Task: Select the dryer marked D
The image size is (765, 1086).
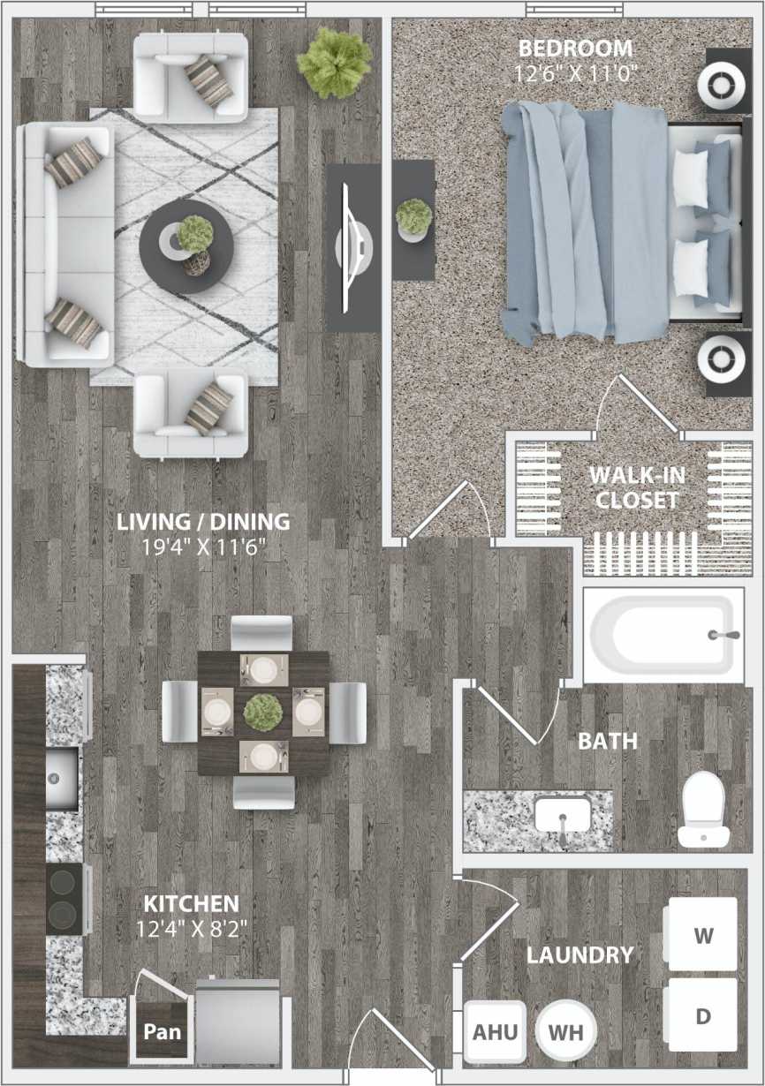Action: click(702, 1014)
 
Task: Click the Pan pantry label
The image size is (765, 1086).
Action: click(163, 1030)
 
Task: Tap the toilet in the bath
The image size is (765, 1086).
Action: click(704, 807)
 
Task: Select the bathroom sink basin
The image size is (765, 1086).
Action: click(562, 813)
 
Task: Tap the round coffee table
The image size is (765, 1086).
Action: click(187, 246)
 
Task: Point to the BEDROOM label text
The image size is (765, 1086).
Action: click(575, 48)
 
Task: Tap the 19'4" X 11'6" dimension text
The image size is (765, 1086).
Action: click(203, 547)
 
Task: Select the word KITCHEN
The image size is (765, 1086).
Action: click(191, 904)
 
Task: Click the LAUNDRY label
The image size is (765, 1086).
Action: click(579, 954)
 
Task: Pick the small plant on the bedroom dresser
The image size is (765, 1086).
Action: click(413, 217)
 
